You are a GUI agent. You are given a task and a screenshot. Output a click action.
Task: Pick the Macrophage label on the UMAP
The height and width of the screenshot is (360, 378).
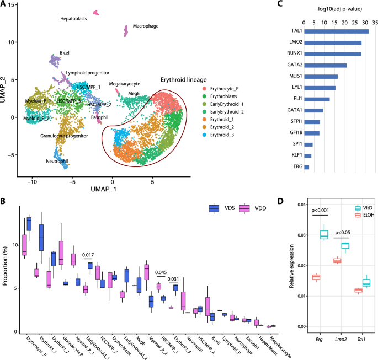(145, 26)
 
